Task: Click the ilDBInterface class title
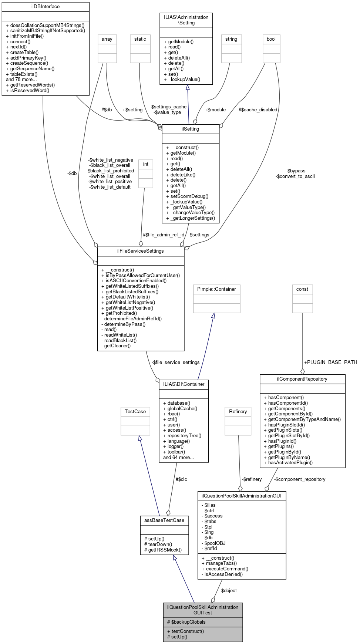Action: [46, 7]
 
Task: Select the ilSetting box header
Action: [191, 129]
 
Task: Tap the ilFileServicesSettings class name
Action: [141, 251]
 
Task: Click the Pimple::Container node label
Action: [216, 289]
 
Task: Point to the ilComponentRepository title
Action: [302, 379]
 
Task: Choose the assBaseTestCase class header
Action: [164, 520]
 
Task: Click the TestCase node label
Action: [135, 412]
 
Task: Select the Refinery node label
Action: [238, 412]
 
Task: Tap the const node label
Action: [302, 289]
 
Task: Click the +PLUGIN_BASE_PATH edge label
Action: [330, 362]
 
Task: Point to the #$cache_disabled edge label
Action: [258, 110]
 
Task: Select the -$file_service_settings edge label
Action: [175, 363]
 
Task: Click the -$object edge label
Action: [228, 591]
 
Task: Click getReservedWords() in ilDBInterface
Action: [33, 85]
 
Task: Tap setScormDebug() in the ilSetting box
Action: [189, 196]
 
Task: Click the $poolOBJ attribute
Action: [215, 543]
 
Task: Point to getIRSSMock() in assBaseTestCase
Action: [165, 550]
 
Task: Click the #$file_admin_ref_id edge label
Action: [164, 235]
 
